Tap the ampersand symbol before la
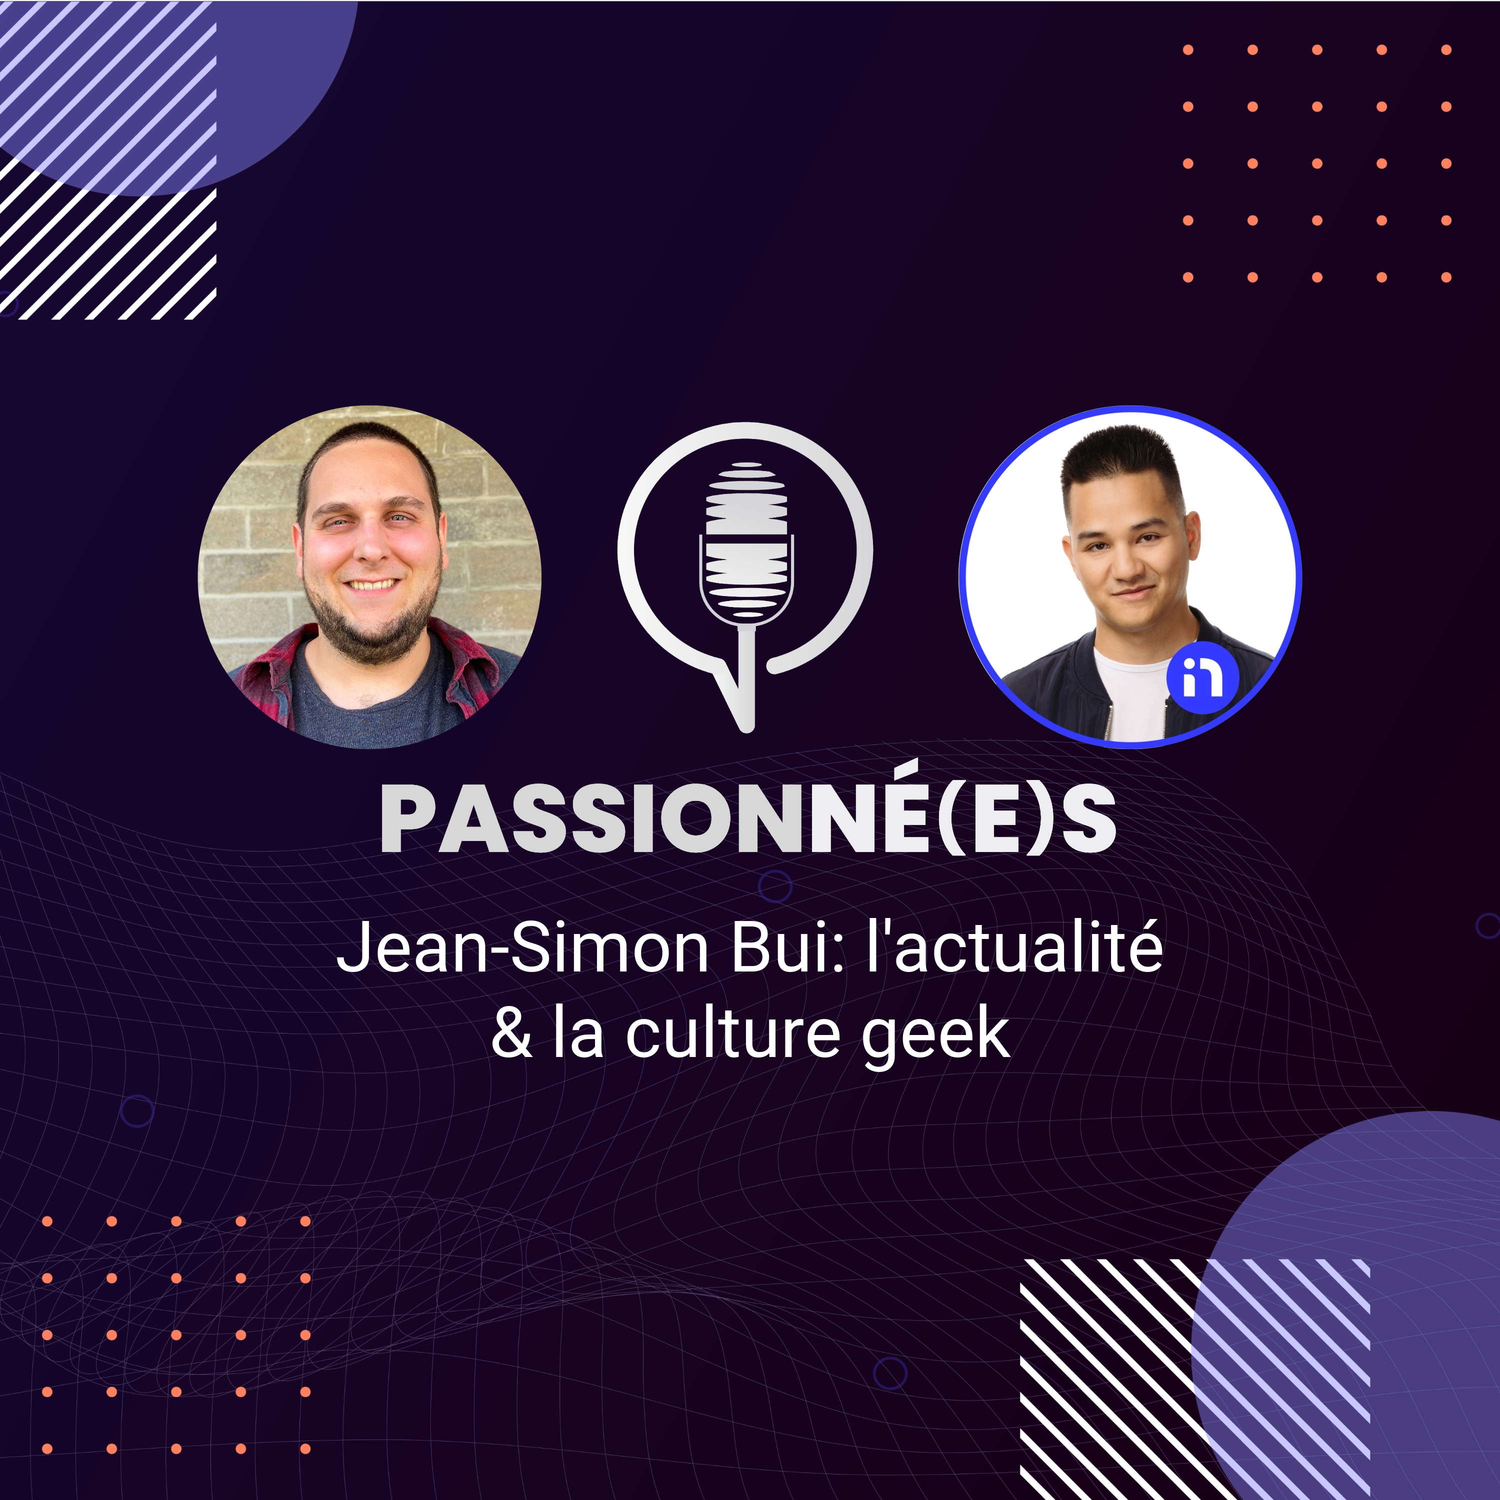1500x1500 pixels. (x=511, y=1032)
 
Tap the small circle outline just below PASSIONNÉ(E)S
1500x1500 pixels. (x=775, y=886)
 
